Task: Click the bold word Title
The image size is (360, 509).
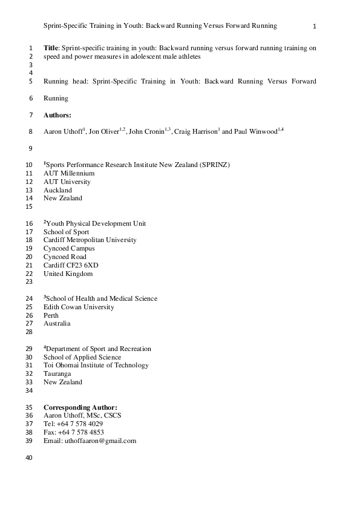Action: (51, 47)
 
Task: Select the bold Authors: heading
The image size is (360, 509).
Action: (57, 115)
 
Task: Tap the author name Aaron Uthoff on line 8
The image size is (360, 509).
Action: (63, 131)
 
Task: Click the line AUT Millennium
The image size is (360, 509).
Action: (69, 173)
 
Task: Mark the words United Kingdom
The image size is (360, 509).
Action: (68, 274)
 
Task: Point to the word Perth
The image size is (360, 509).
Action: (51, 315)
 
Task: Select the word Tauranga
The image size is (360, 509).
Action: (58, 373)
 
